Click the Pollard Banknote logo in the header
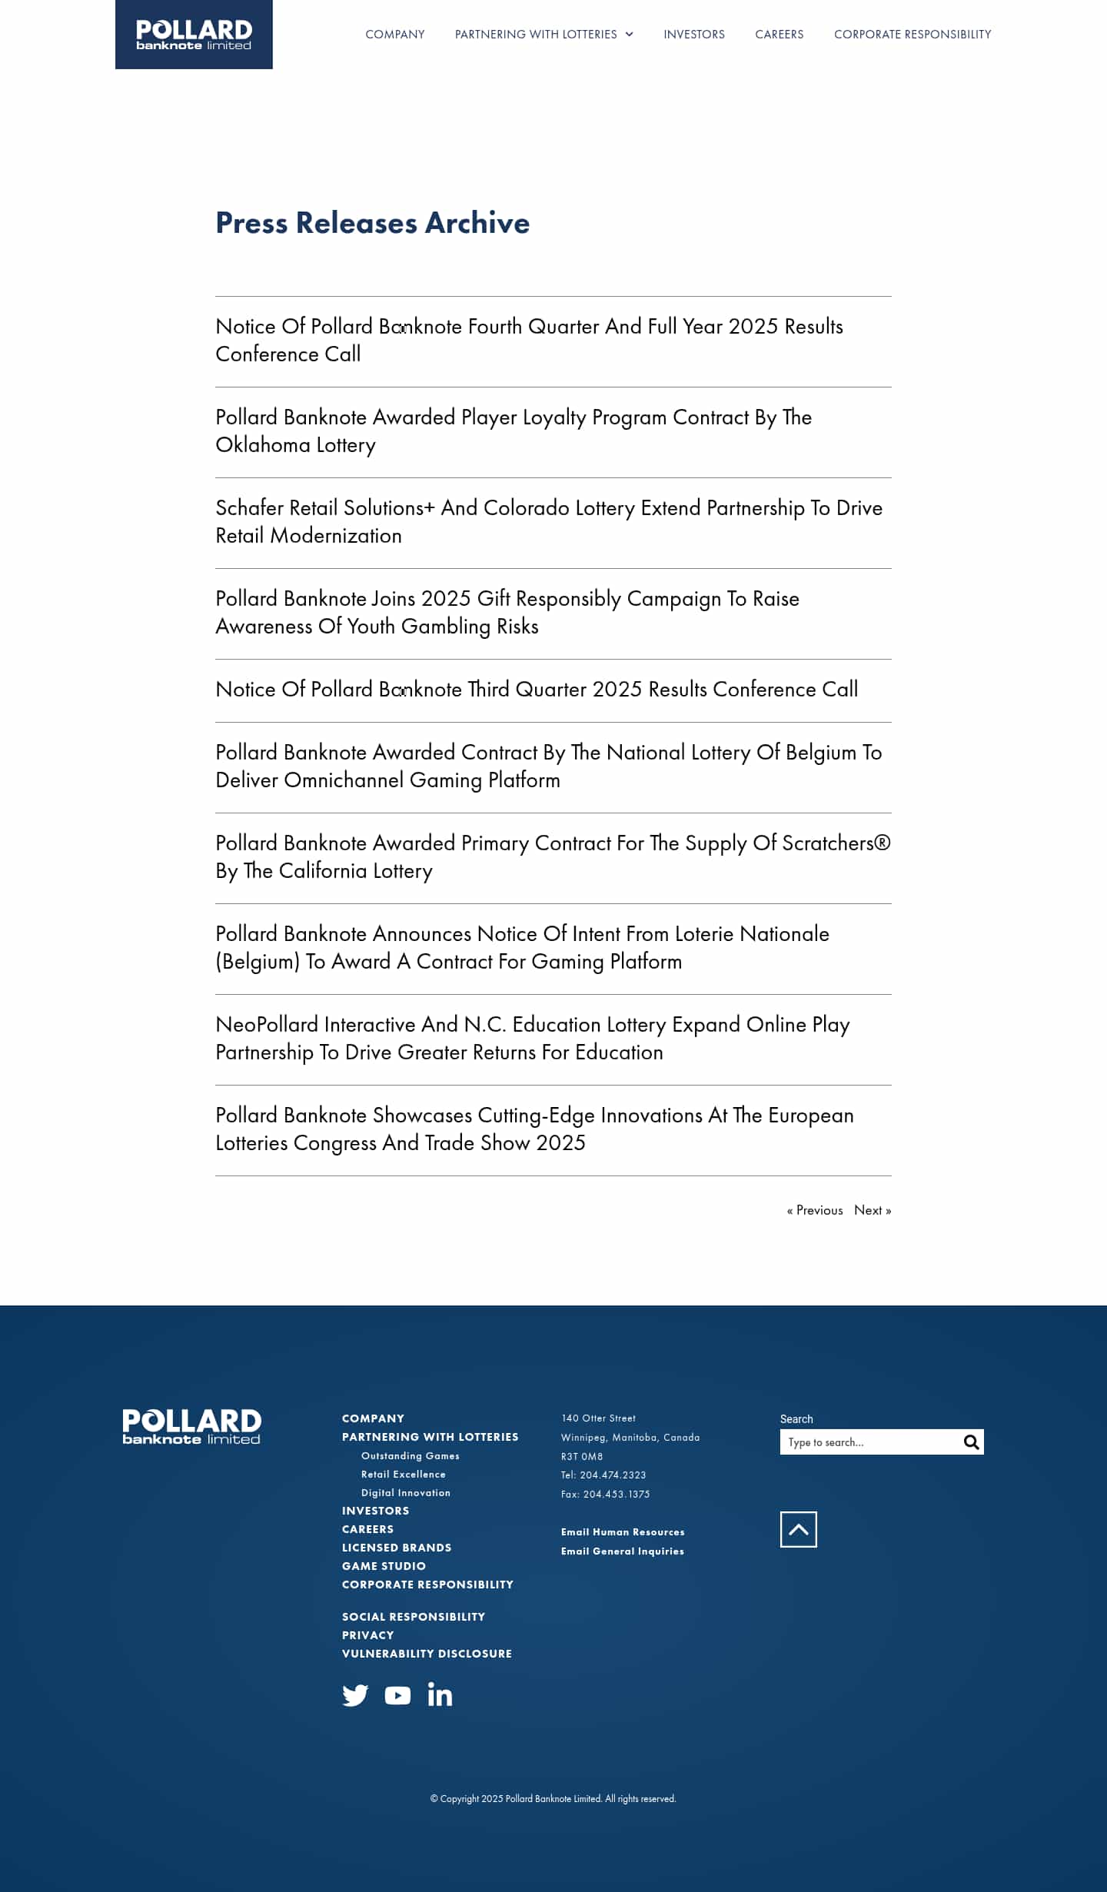[194, 35]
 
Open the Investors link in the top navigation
[693, 35]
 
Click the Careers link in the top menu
[779, 35]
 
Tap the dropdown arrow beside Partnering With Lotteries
[629, 35]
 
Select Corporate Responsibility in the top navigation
[913, 35]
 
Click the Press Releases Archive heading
[372, 223]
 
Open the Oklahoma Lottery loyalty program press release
[513, 431]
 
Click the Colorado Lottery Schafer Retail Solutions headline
[548, 521]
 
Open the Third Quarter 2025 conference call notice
[536, 690]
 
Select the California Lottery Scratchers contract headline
[552, 856]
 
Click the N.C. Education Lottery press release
[532, 1038]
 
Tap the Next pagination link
[872, 1210]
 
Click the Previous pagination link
[815, 1210]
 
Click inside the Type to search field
[869, 1442]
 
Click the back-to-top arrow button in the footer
[798, 1529]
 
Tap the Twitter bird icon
[355, 1694]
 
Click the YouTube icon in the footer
[397, 1695]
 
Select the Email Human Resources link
[622, 1532]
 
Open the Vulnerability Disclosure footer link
[427, 1654]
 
